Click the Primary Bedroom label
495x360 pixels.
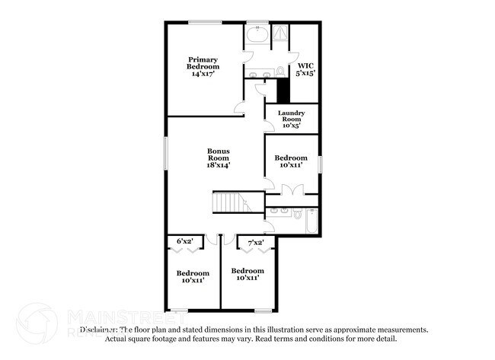[203, 63]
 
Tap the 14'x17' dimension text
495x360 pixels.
[203, 75]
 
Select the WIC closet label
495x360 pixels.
[305, 65]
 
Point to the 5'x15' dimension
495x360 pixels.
[305, 74]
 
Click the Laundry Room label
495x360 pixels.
[291, 116]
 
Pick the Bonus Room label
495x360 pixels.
[218, 155]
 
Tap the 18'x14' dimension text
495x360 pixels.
[218, 165]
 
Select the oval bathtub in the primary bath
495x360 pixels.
[256, 36]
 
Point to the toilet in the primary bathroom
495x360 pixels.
[280, 72]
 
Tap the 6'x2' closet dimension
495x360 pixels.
[185, 241]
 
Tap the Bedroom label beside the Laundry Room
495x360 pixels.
[291, 158]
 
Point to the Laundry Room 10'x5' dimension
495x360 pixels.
[291, 126]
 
